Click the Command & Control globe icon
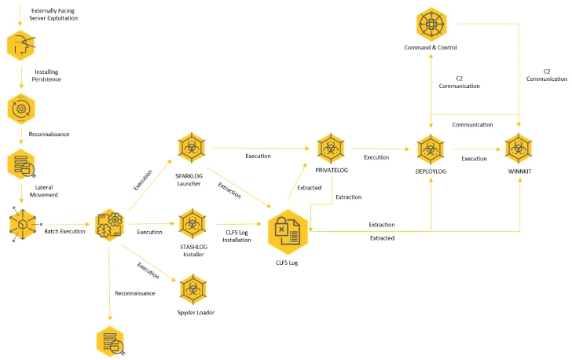(x=431, y=24)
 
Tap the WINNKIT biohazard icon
(x=519, y=149)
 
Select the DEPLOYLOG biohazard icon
(x=431, y=149)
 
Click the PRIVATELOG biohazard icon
(x=331, y=149)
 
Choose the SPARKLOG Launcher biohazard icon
(x=192, y=148)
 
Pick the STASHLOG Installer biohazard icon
(x=192, y=224)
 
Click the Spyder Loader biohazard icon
(x=193, y=289)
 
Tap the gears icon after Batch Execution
(x=109, y=225)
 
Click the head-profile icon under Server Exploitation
(x=21, y=46)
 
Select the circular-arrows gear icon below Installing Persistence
(x=21, y=108)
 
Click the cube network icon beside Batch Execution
(x=23, y=224)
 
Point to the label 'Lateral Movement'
(x=44, y=191)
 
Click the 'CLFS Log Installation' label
(x=236, y=237)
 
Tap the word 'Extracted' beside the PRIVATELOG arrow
(x=310, y=188)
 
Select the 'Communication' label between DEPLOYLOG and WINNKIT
(x=472, y=124)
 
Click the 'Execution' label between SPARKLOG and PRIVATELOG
(x=258, y=156)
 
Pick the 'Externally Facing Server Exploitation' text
(x=53, y=14)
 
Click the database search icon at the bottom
(x=110, y=341)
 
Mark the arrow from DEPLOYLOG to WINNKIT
(x=476, y=149)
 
